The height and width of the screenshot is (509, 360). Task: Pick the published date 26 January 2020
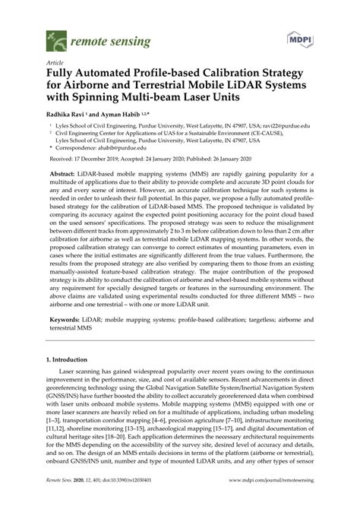(x=225, y=161)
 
